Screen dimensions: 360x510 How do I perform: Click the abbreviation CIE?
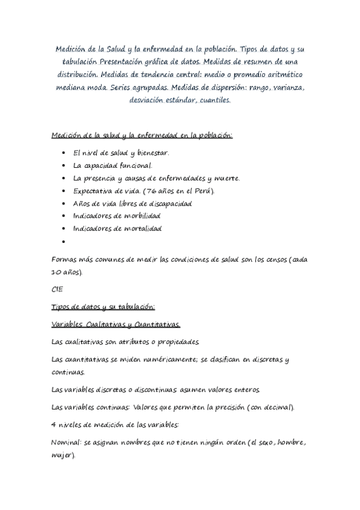pos(58,289)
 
